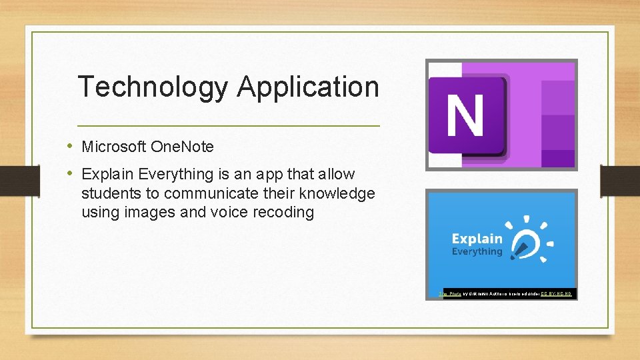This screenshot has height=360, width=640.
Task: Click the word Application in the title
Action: (307, 87)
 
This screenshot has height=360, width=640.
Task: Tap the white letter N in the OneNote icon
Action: (465, 115)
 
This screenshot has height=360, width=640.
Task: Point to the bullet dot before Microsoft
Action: (70, 146)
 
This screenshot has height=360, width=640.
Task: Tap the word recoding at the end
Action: (285, 213)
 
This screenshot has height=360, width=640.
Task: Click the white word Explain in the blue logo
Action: (477, 239)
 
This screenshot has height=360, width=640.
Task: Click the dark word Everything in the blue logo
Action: (477, 252)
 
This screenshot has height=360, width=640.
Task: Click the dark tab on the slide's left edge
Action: (11, 180)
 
